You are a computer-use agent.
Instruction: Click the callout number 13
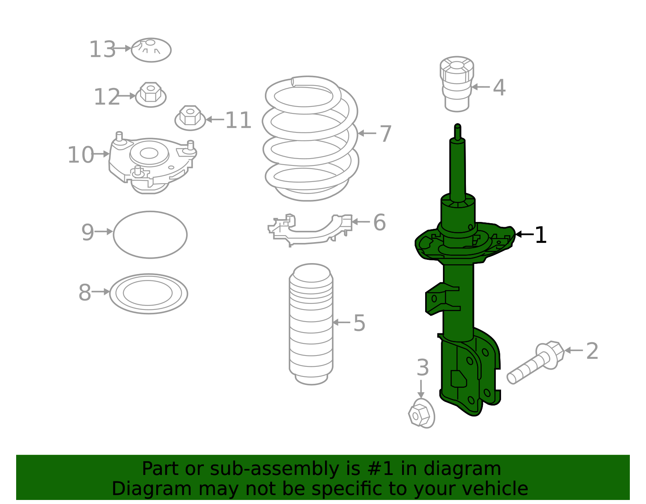tap(102, 50)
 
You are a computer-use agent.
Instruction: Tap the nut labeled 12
tap(151, 95)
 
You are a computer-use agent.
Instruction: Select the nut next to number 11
tap(190, 118)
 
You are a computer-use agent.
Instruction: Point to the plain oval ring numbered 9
tap(150, 234)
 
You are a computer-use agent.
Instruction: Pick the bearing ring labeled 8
tap(149, 293)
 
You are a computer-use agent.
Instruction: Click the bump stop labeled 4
tap(457, 84)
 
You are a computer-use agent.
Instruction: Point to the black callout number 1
tap(540, 235)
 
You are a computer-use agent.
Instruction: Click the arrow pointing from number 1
tap(524, 234)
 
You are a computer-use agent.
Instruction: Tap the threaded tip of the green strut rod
tap(457, 131)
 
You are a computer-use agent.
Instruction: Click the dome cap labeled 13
tap(151, 50)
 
